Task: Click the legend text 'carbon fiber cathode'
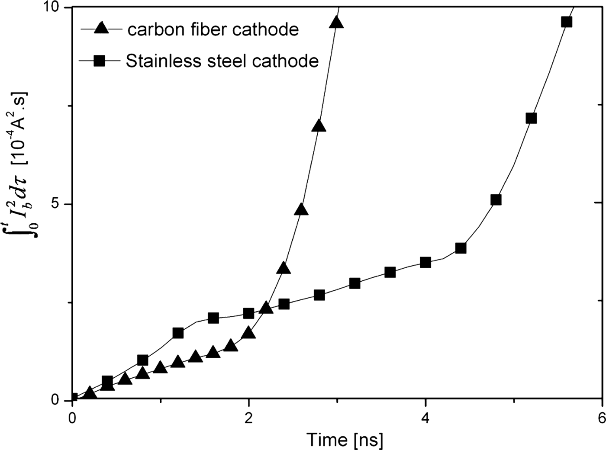(213, 29)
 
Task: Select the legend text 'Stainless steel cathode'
(222, 61)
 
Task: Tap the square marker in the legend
(100, 61)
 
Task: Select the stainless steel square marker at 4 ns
(425, 262)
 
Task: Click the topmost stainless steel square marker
(567, 22)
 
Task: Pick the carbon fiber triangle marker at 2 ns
(248, 333)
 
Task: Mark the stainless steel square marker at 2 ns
(248, 313)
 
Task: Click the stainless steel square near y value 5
(496, 199)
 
